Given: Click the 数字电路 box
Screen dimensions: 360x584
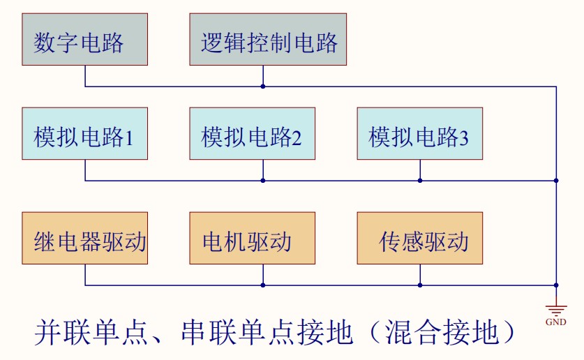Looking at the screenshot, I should click(84, 39).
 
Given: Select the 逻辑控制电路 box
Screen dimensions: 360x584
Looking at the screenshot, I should click(268, 39).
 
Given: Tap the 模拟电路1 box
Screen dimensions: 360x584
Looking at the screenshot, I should click(84, 133).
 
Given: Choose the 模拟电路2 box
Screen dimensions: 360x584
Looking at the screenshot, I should click(252, 133).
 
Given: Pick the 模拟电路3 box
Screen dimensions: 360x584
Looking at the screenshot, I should click(419, 133).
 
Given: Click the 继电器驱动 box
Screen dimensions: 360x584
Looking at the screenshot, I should click(84, 238).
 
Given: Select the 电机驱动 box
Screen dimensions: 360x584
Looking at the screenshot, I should click(252, 238).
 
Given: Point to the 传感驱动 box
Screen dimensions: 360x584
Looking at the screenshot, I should click(419, 238).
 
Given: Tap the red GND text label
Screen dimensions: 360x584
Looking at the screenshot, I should click(556, 322).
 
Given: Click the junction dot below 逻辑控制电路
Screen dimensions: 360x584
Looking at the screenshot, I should click(263, 87).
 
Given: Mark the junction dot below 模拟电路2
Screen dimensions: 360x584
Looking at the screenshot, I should click(263, 181).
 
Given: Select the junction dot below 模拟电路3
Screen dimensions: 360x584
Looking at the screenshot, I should click(420, 181).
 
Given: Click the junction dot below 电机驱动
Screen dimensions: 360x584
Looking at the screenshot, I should click(263, 285).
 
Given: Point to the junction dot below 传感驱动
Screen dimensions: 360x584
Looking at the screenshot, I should click(420, 285).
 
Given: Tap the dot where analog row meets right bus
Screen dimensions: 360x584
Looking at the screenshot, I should click(556, 181).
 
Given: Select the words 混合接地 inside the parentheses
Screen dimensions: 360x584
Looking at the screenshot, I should click(440, 333).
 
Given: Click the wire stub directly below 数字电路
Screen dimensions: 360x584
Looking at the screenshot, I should click(85, 75).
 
